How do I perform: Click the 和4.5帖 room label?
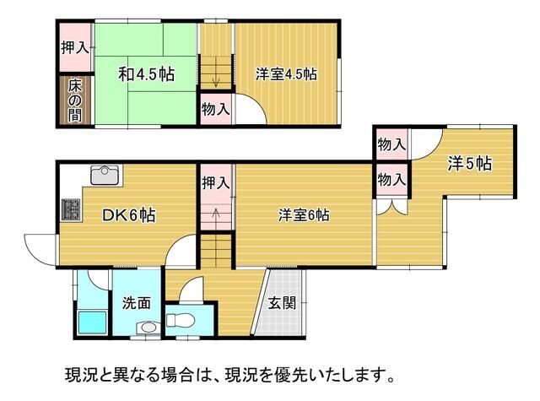click(147, 74)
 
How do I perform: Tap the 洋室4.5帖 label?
click(286, 74)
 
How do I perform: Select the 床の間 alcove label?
click(75, 100)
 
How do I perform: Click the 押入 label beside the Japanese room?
click(75, 47)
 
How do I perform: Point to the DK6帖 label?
click(129, 215)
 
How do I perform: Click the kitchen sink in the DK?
click(106, 175)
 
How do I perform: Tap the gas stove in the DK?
click(71, 210)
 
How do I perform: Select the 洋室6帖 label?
click(304, 215)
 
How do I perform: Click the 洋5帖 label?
click(470, 164)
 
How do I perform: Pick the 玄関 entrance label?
click(282, 304)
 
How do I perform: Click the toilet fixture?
click(181, 321)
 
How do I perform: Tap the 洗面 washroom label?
click(137, 303)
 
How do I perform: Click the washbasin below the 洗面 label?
click(148, 328)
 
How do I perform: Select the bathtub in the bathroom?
click(93, 322)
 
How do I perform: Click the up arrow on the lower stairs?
click(216, 218)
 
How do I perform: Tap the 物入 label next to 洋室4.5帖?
click(216, 110)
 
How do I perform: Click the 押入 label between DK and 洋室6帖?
click(216, 182)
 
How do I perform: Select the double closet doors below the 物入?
click(391, 207)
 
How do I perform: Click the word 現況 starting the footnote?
click(79, 376)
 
